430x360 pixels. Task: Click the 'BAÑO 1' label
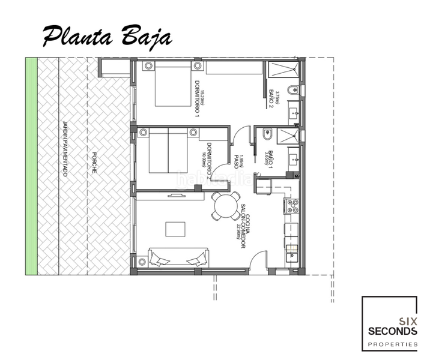(x=271, y=157)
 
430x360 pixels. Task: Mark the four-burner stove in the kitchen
(x=292, y=206)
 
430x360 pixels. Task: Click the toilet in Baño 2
(x=292, y=91)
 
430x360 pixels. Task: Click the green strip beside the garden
(x=31, y=166)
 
